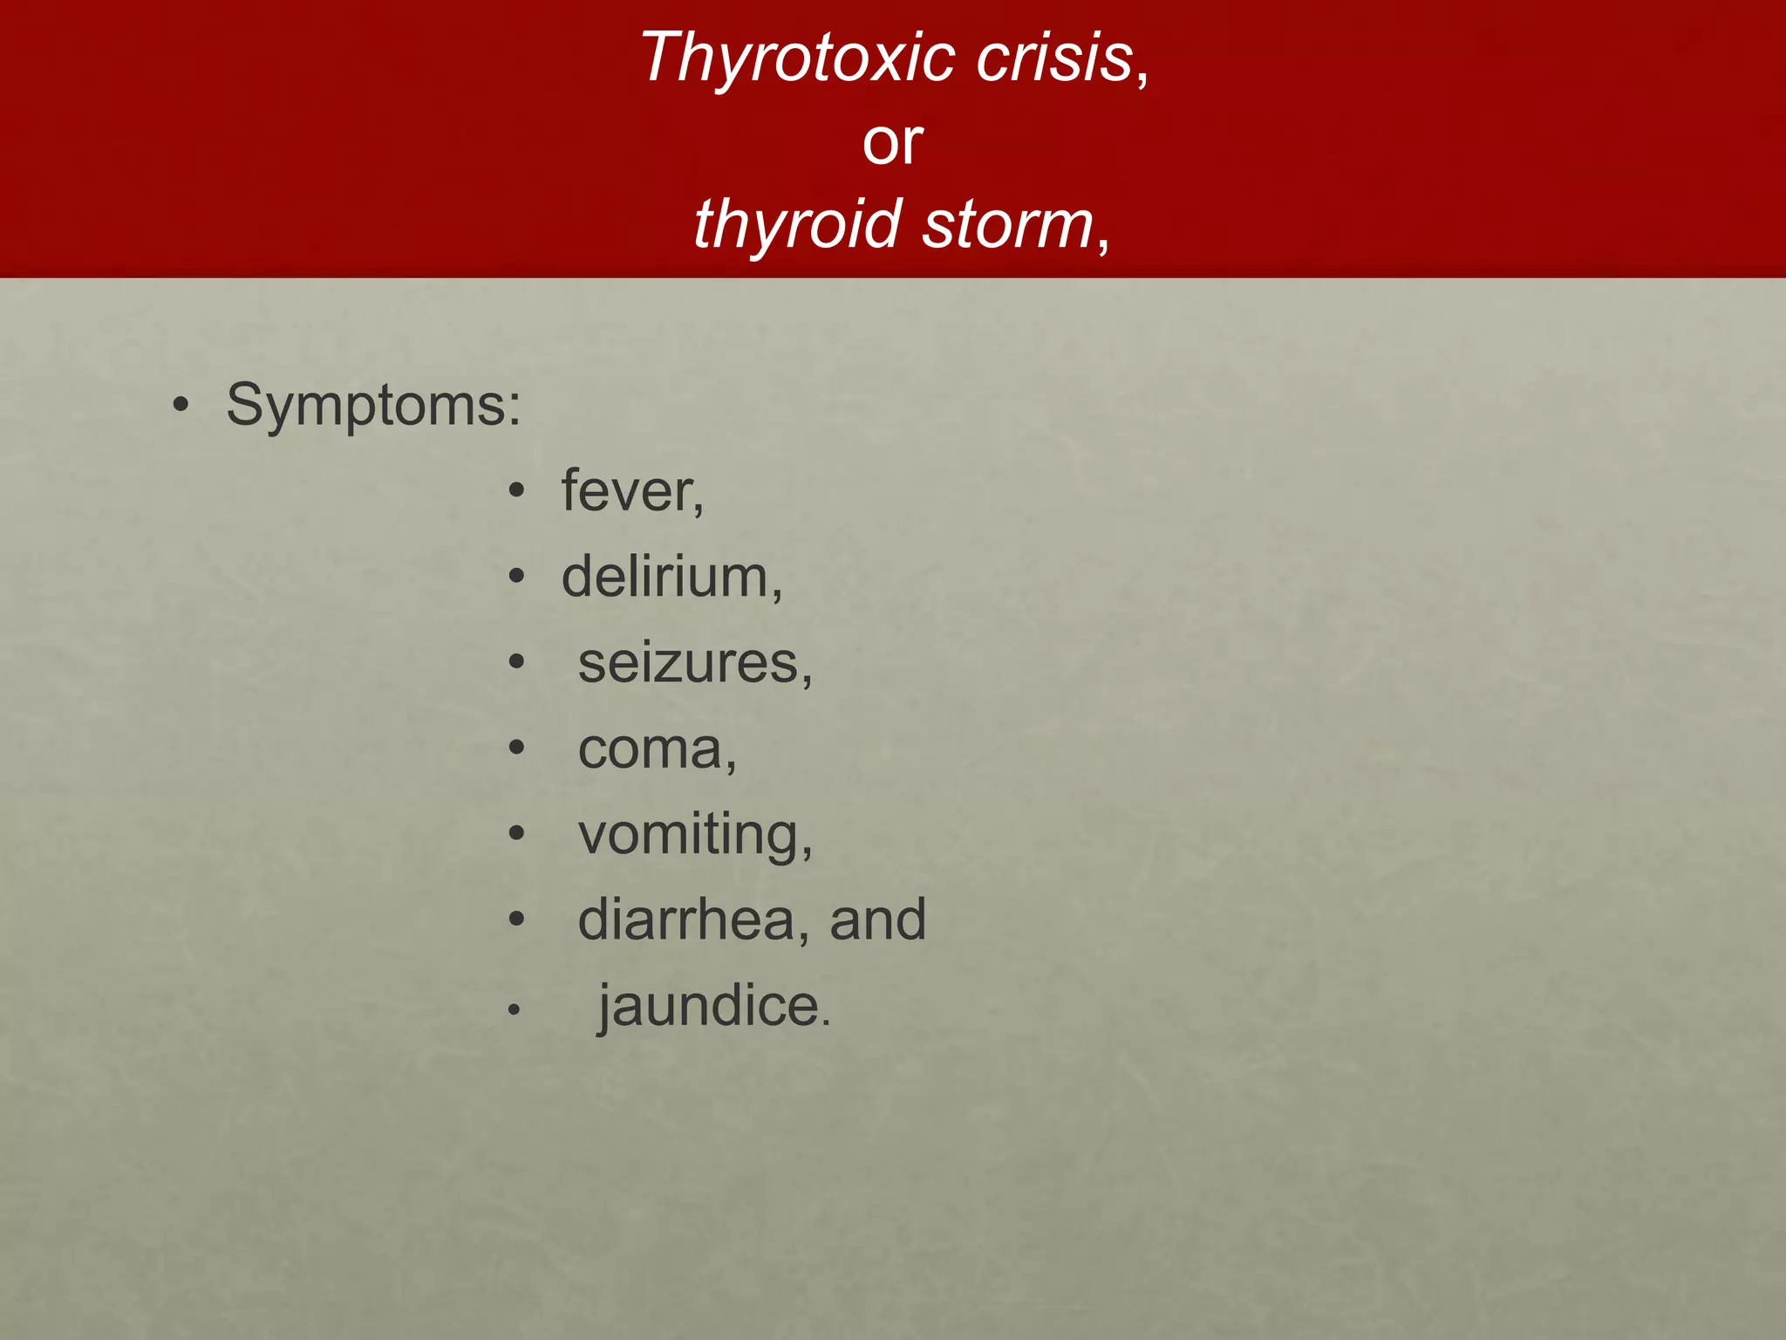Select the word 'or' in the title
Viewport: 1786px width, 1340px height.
tap(892, 142)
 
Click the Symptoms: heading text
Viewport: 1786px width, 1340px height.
tap(373, 406)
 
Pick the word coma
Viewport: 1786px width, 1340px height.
tap(655, 749)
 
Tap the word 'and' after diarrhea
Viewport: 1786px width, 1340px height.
tap(877, 920)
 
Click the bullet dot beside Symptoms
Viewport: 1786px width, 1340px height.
tap(181, 407)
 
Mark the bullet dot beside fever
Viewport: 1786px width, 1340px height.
tap(517, 492)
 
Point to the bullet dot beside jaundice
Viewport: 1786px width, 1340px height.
tap(515, 1010)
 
